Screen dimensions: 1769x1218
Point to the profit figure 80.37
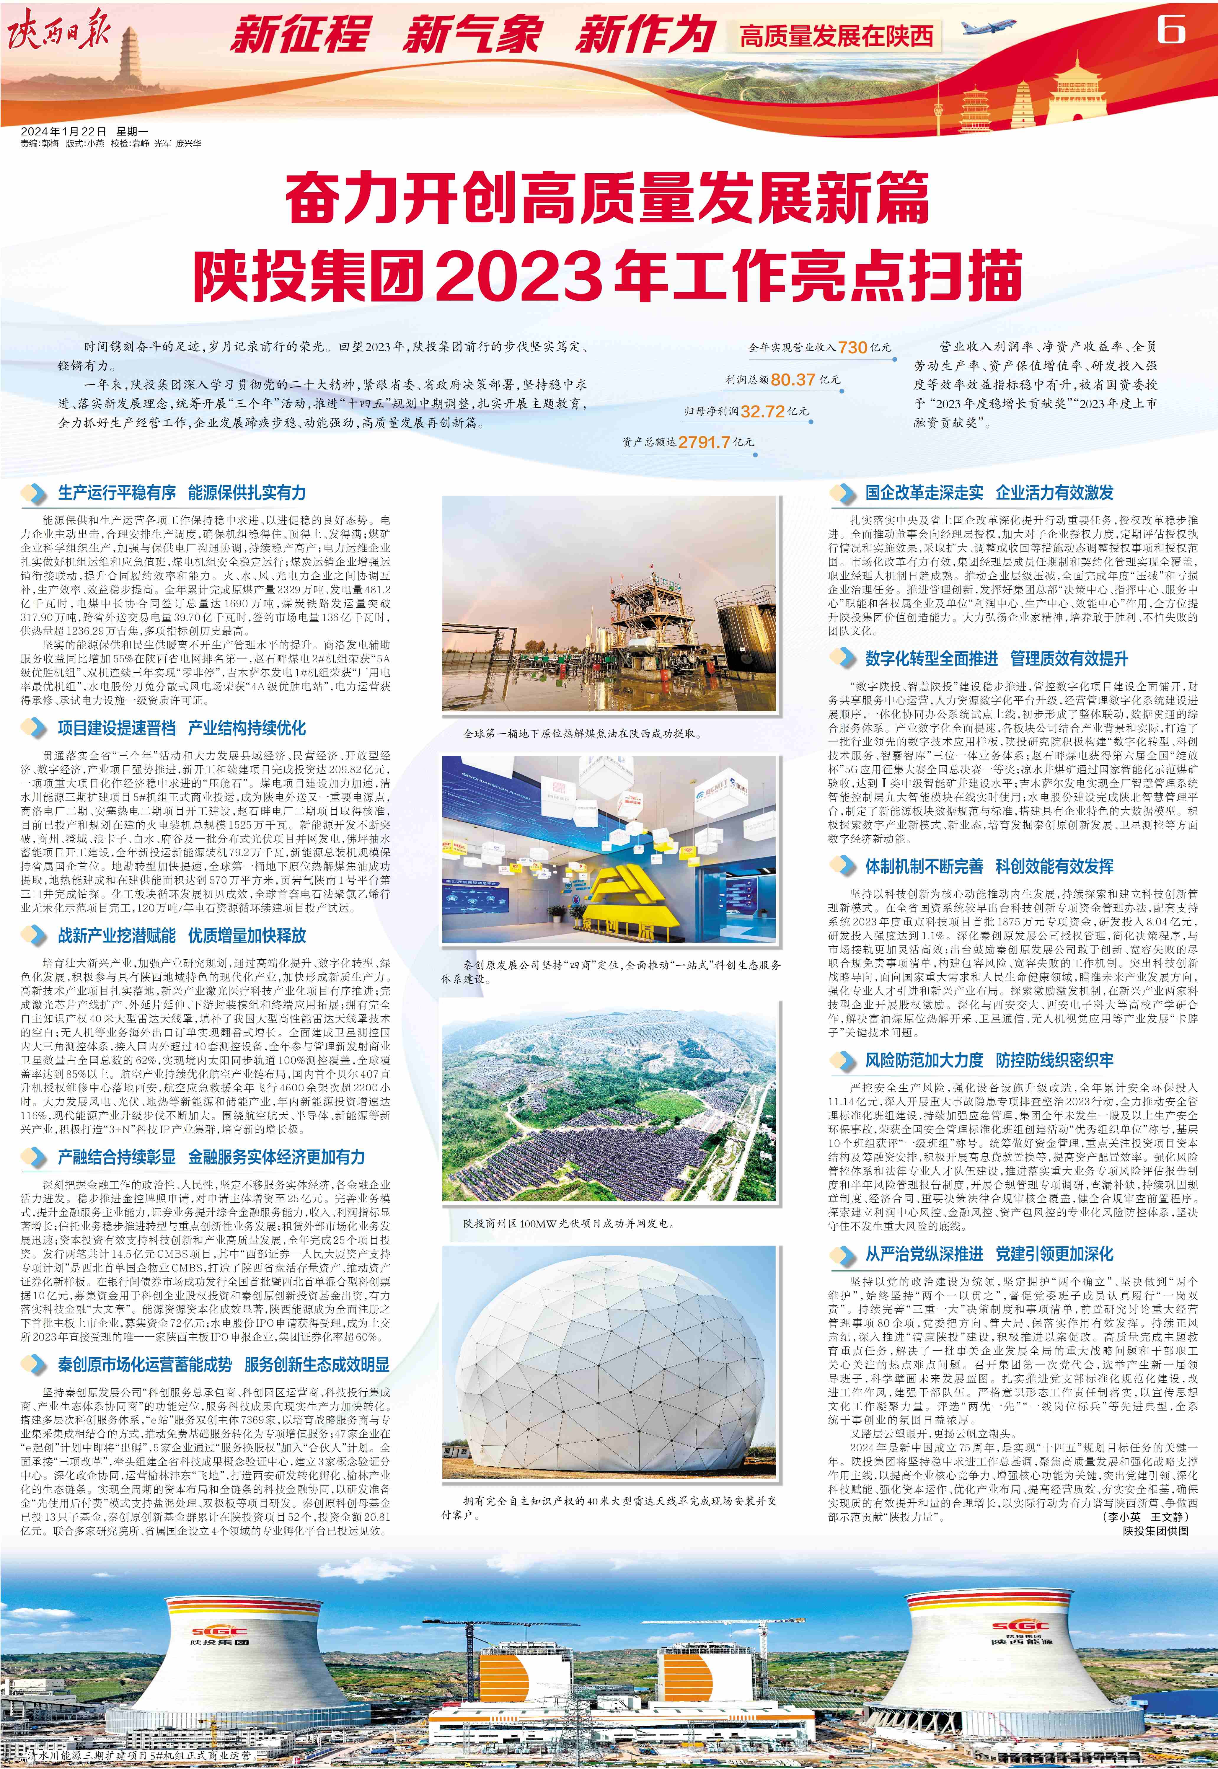[793, 379]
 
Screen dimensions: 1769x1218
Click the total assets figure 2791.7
[704, 442]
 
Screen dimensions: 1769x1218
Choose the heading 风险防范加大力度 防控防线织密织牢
[988, 1060]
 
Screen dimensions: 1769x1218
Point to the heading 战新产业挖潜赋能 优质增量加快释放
[182, 936]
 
